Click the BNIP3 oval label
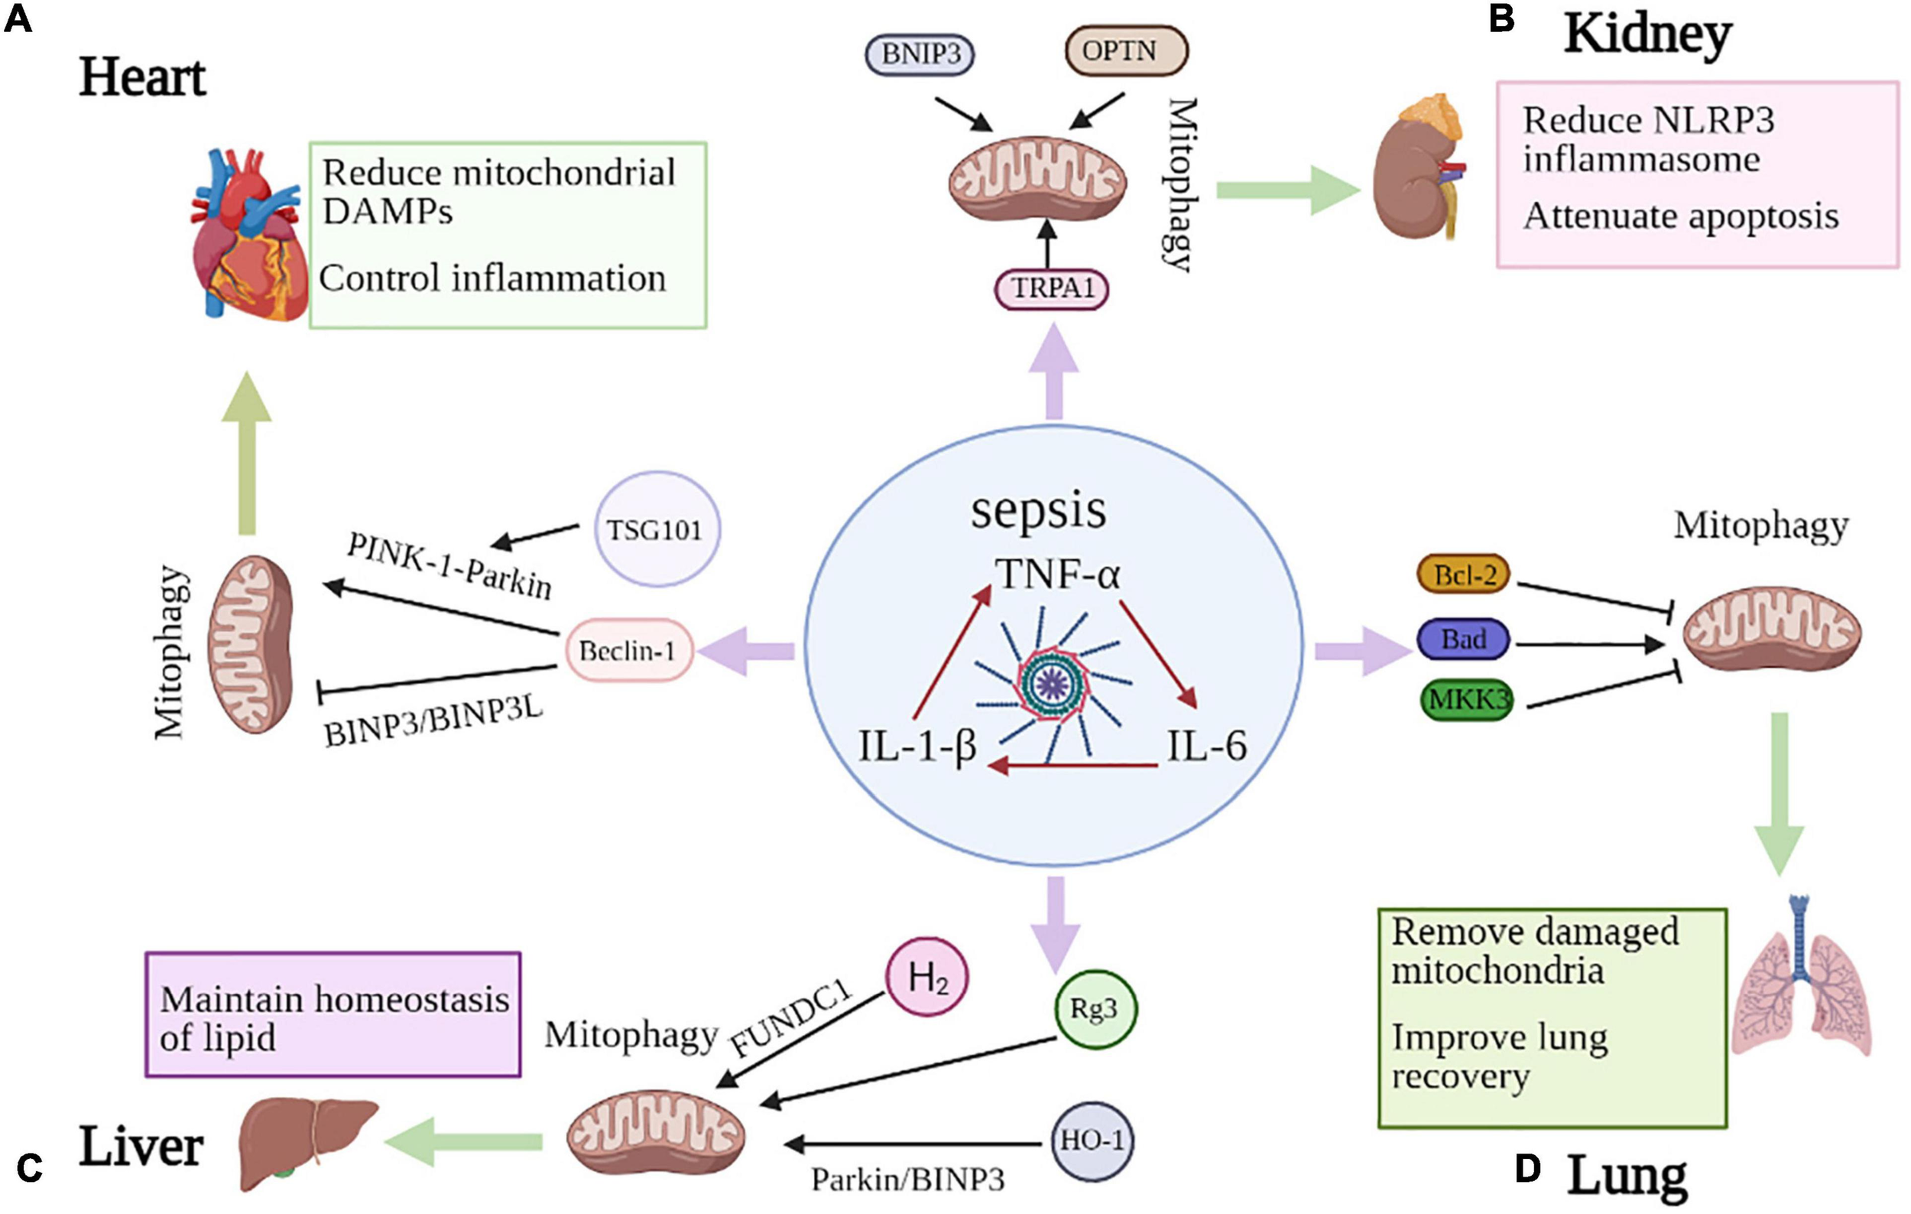920,54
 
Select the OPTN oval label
1125,50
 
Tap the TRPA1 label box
1052,288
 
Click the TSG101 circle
657,529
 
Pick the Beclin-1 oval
628,651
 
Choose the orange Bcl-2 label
1463,574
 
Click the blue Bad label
1463,640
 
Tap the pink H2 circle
927,977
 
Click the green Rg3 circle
1095,1010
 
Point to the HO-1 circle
1092,1141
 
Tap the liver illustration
307,1142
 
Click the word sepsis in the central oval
1038,509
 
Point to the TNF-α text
1057,574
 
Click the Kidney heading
1647,35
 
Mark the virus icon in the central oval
1053,683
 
